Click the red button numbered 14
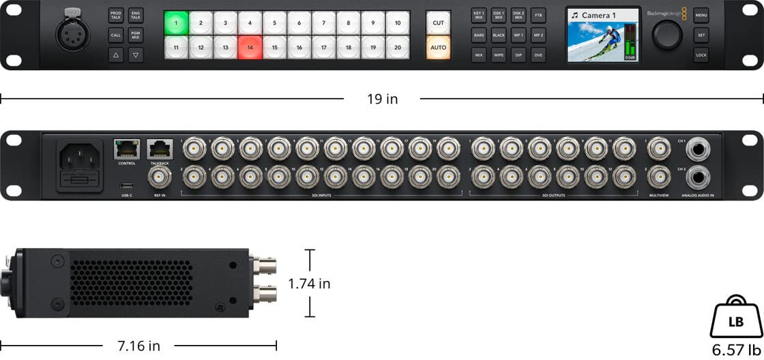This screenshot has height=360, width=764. (x=250, y=48)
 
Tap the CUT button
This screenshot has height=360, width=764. (x=438, y=22)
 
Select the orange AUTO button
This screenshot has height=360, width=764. (x=438, y=48)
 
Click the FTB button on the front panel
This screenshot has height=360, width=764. (x=539, y=14)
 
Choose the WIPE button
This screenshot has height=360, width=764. (x=499, y=55)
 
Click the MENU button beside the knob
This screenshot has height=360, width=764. (x=701, y=14)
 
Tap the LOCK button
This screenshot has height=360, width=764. (x=701, y=55)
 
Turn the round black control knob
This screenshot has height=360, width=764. (x=668, y=33)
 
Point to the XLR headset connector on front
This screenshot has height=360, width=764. (x=71, y=33)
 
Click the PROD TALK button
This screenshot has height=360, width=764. (x=116, y=15)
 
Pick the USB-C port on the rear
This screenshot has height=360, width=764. (x=127, y=185)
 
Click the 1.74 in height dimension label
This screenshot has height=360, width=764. (x=309, y=284)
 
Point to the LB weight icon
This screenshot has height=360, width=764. (x=736, y=320)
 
